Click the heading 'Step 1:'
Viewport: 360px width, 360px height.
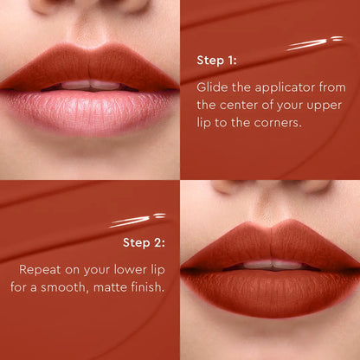coord(216,61)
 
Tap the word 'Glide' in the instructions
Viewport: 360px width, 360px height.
coord(212,87)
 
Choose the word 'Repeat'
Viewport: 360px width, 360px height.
coord(40,268)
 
